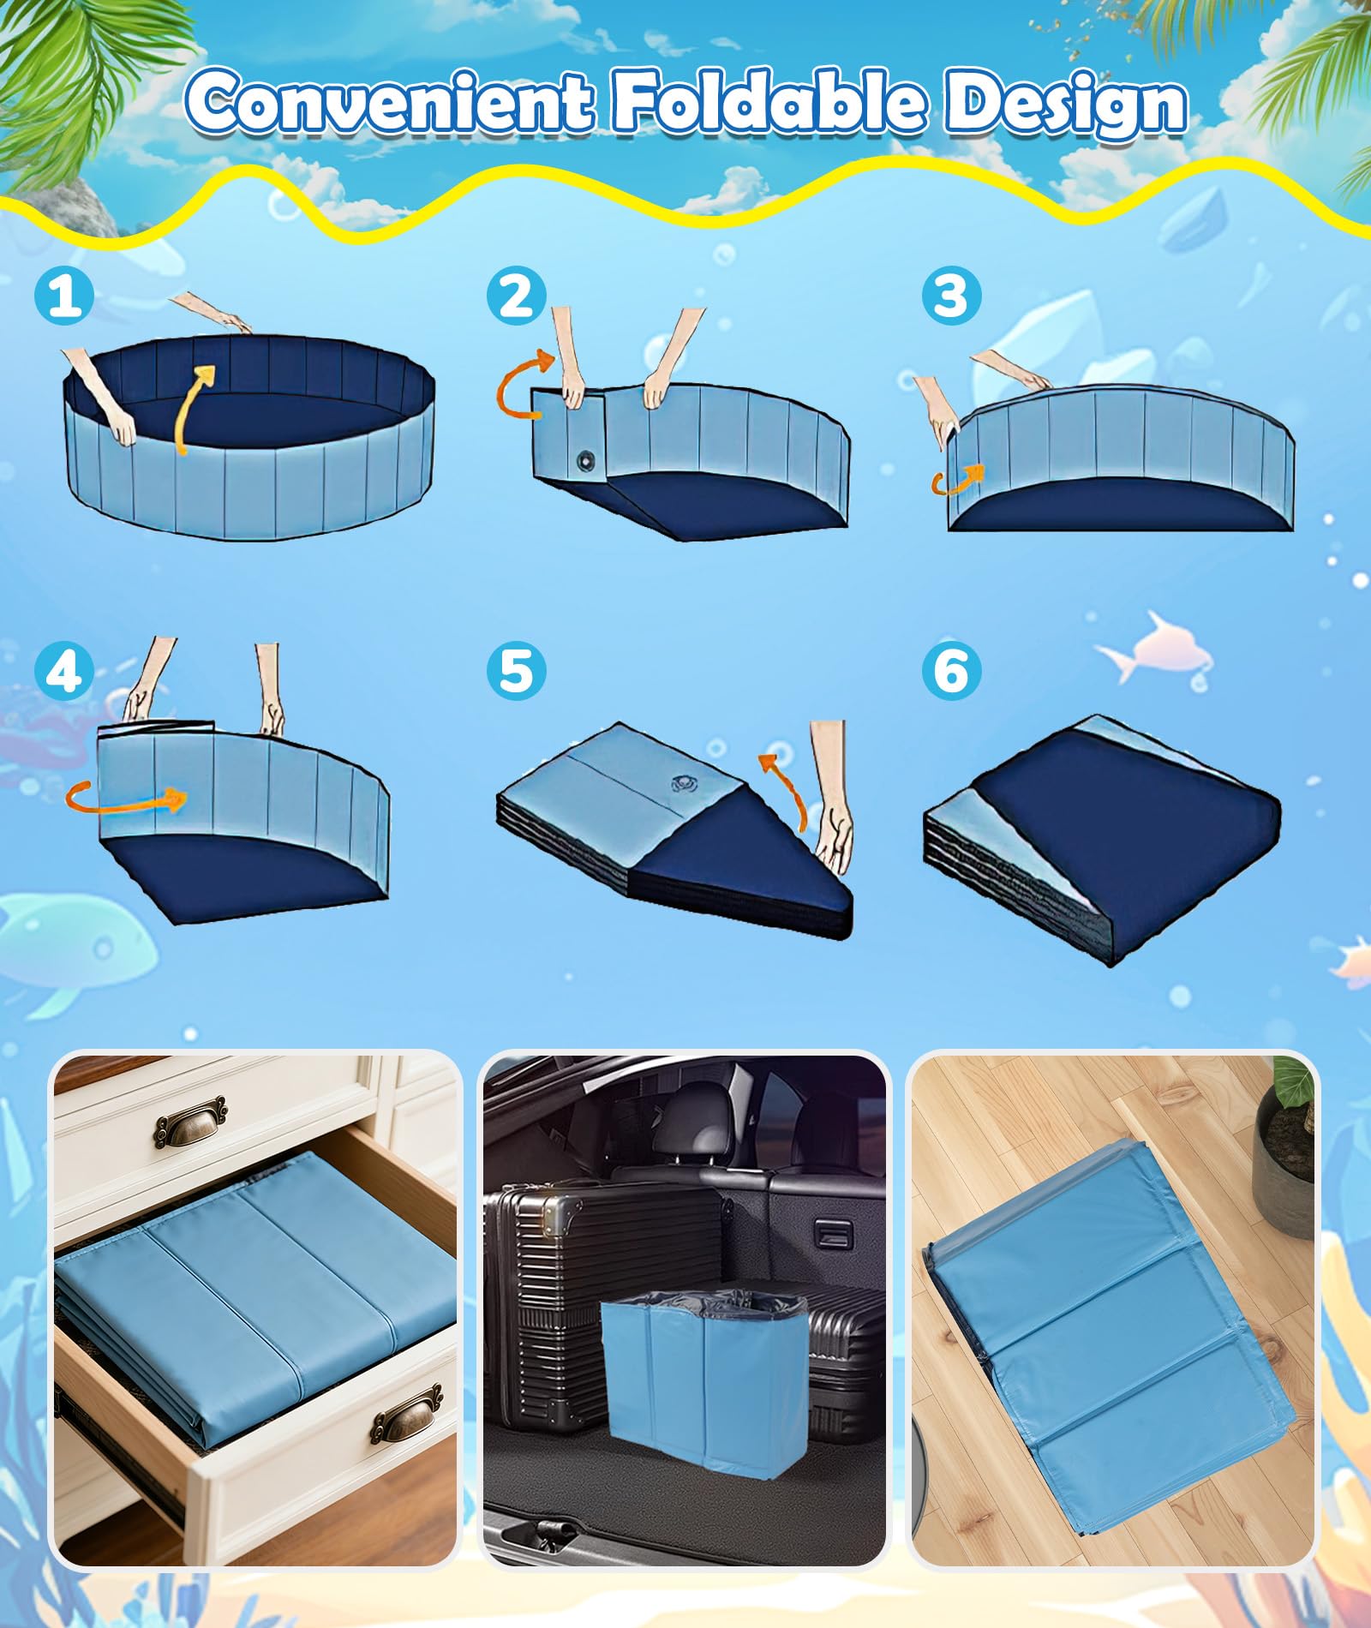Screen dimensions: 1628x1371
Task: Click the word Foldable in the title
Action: tap(767, 103)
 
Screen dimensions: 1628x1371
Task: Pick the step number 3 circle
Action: tap(951, 296)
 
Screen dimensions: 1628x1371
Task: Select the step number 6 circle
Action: tap(951, 671)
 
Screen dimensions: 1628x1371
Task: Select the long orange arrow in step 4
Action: tap(129, 799)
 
